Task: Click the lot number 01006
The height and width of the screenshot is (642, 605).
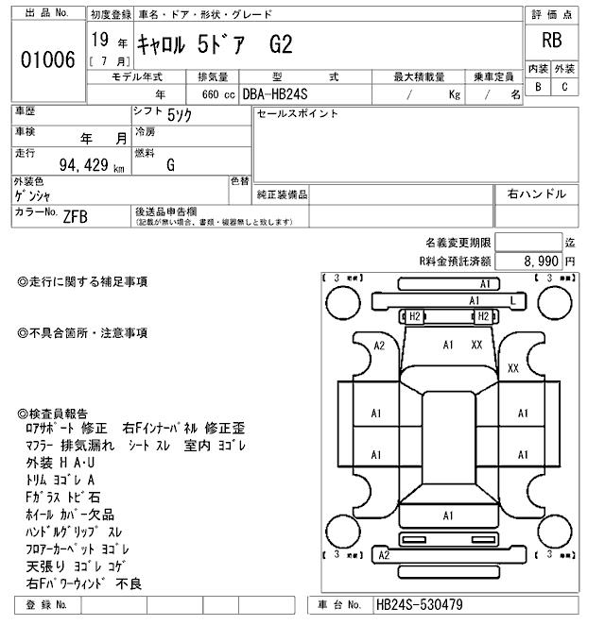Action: point(47,59)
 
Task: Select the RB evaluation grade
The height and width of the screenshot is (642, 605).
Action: point(551,41)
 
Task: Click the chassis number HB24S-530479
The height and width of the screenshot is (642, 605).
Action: point(419,604)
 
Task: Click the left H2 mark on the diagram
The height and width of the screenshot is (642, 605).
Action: point(413,316)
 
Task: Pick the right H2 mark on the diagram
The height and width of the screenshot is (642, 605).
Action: point(482,316)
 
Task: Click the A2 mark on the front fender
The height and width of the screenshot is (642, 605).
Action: point(379,346)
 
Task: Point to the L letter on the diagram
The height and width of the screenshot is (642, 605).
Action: point(511,300)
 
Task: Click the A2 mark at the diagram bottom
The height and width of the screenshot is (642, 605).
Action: point(384,555)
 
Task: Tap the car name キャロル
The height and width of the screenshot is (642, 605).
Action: point(164,42)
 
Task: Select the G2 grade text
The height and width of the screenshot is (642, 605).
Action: point(282,42)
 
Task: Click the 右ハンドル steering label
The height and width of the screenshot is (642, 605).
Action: point(537,194)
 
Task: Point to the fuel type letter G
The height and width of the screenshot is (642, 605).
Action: point(170,165)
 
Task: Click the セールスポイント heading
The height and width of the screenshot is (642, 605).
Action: point(298,114)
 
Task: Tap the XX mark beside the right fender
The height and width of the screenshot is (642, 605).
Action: point(513,367)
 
